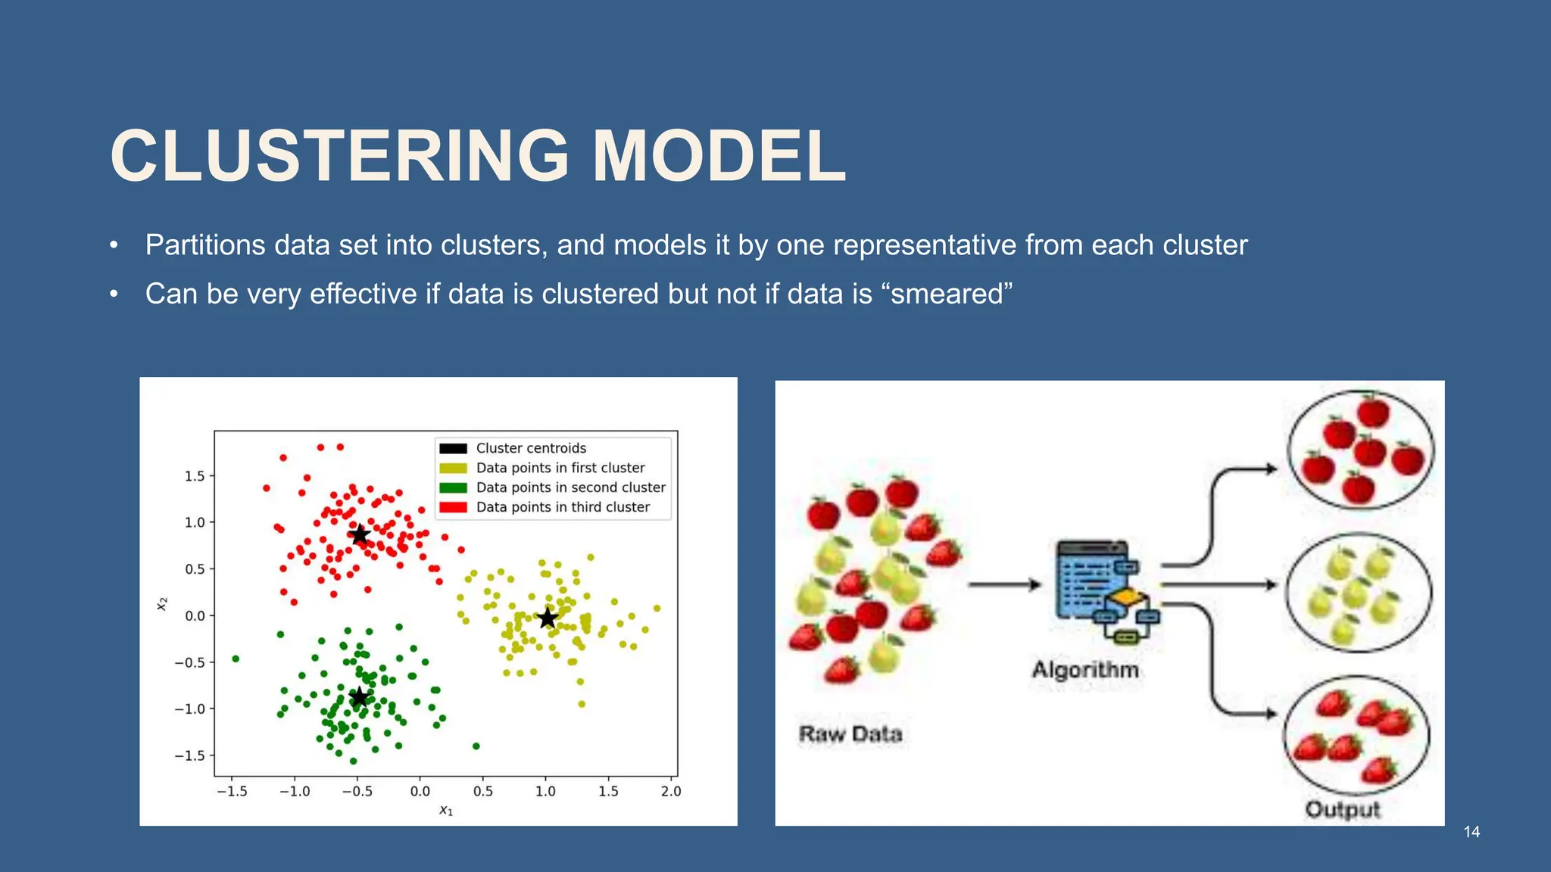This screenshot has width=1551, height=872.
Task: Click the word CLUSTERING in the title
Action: click(339, 157)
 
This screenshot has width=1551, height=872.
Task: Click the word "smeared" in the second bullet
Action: click(947, 294)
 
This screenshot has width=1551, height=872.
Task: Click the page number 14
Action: click(1471, 832)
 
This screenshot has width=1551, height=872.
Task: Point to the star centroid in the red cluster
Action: click(360, 534)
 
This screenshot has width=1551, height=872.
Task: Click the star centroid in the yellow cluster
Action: click(548, 618)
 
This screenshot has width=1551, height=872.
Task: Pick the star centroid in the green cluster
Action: click(360, 697)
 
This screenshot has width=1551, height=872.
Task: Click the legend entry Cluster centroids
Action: click(530, 448)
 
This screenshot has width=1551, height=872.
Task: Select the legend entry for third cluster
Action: click(562, 507)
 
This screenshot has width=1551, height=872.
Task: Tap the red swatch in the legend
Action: click(453, 507)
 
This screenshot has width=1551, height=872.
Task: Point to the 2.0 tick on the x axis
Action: click(670, 791)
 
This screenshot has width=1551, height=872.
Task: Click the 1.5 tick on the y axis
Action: click(195, 476)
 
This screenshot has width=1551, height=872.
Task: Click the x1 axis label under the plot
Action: click(446, 811)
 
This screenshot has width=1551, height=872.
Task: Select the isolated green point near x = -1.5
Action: click(236, 659)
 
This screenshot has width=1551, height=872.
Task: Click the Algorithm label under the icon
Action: click(1084, 670)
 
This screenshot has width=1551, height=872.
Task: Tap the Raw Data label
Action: click(850, 734)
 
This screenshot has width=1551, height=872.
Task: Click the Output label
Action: click(1342, 809)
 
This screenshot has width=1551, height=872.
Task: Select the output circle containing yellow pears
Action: click(1359, 592)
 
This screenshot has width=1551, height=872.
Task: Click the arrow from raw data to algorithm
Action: click(1004, 584)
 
